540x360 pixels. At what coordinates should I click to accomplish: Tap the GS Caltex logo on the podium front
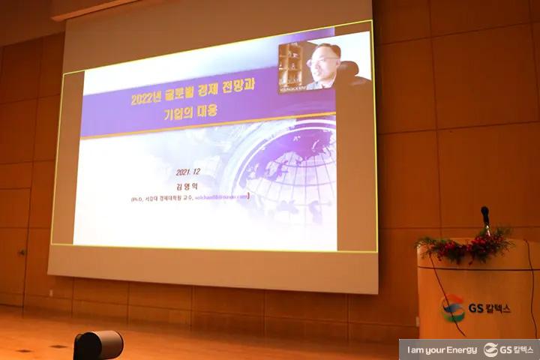coord(453,308)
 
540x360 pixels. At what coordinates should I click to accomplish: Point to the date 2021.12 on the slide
coord(190,172)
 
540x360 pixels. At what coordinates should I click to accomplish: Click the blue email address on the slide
coord(221,197)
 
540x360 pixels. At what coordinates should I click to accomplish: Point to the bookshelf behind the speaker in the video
coord(289,67)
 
